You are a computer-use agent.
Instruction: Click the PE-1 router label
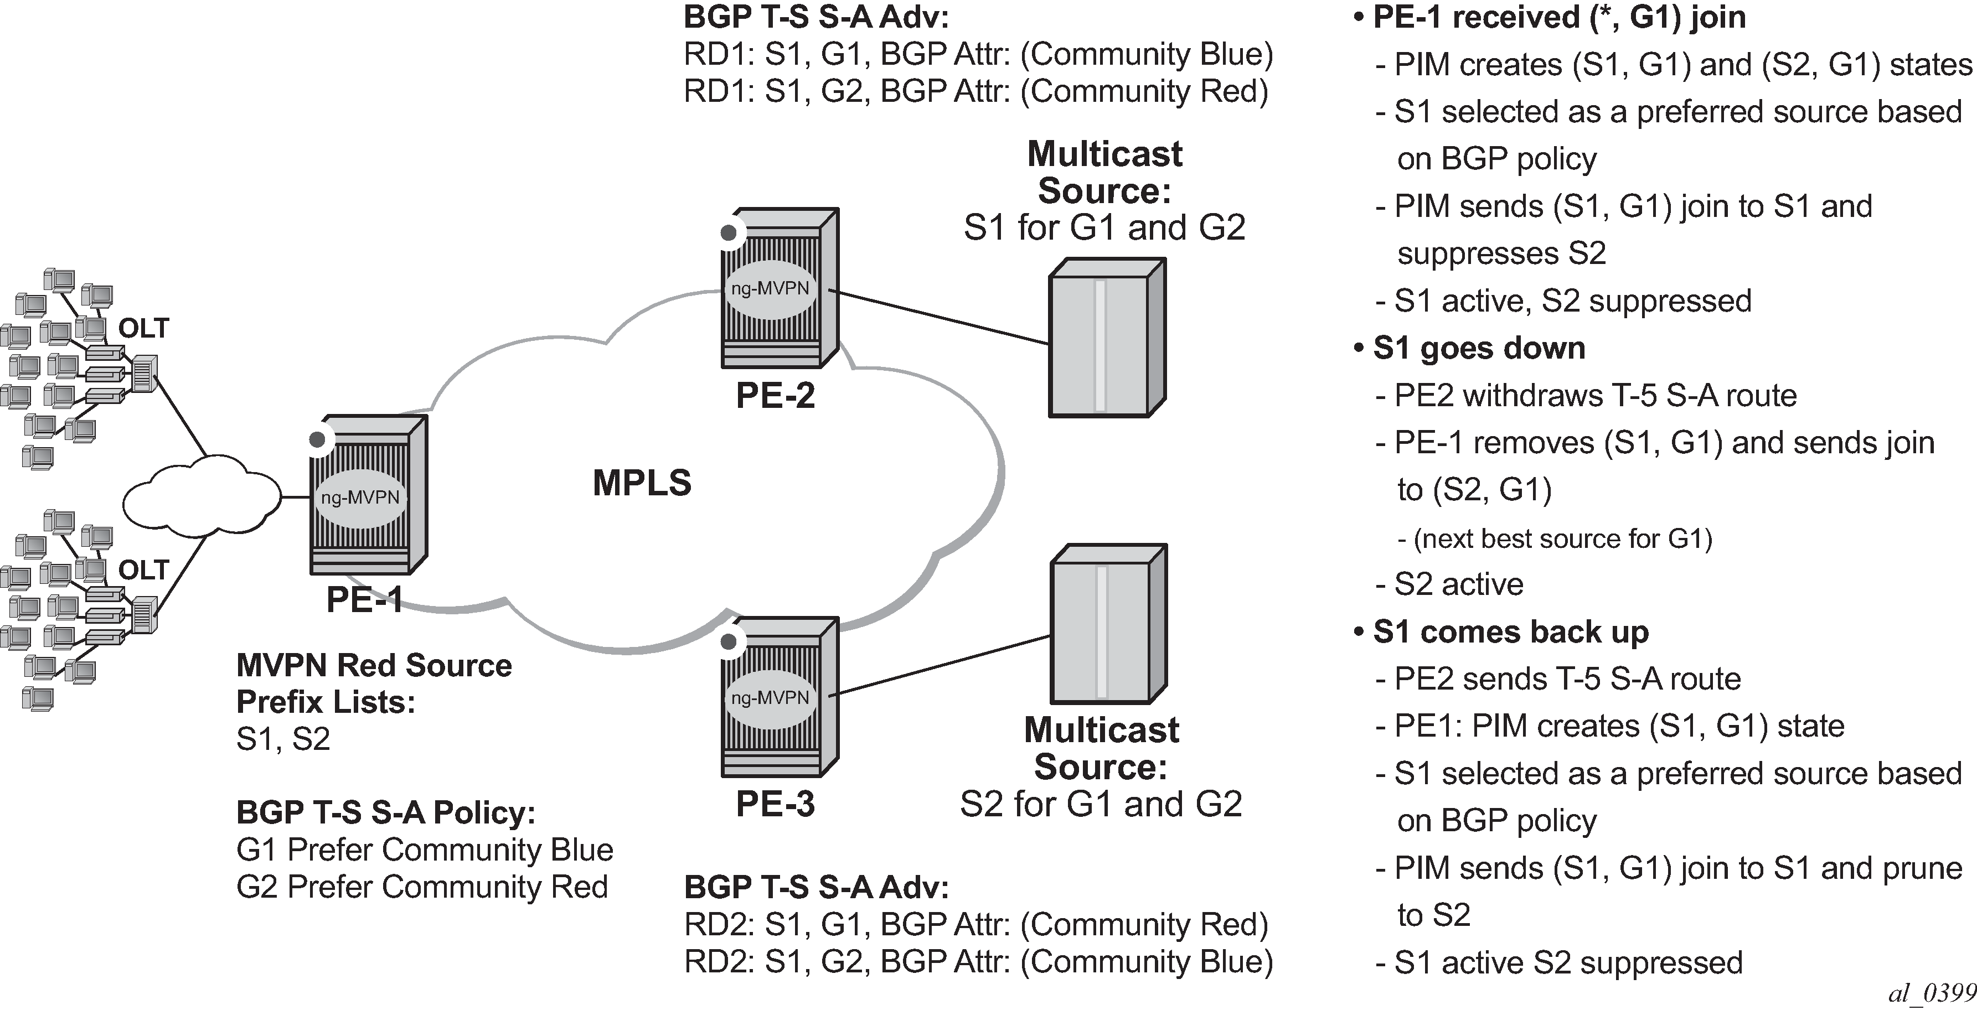(x=364, y=599)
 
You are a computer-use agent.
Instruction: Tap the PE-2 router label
(x=775, y=395)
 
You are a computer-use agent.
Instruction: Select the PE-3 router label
(x=775, y=804)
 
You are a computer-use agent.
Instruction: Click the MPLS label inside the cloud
(x=642, y=483)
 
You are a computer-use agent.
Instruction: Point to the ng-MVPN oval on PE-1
(x=360, y=498)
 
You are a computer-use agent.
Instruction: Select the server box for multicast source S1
(x=1107, y=338)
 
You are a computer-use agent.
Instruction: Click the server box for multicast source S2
(x=1107, y=624)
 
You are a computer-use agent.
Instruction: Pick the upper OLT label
(x=143, y=329)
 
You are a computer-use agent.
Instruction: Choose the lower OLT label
(x=143, y=570)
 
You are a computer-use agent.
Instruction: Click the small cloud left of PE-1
(x=201, y=498)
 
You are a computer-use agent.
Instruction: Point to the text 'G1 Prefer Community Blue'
(x=425, y=850)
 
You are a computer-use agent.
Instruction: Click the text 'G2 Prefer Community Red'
(x=422, y=887)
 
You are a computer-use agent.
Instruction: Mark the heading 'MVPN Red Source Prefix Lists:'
(x=374, y=683)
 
